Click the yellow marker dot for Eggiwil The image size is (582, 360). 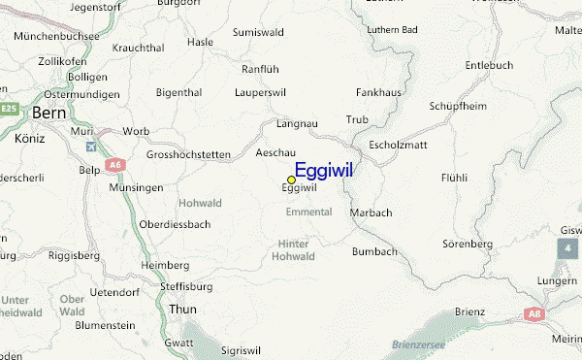[x=291, y=180]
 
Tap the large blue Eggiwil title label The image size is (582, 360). [x=323, y=170]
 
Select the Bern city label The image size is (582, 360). [x=48, y=114]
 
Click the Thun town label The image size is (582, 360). [x=182, y=308]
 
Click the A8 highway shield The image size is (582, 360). [x=533, y=314]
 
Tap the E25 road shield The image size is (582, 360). [x=10, y=108]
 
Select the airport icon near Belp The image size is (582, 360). [x=91, y=147]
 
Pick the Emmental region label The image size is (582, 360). [x=308, y=212]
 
